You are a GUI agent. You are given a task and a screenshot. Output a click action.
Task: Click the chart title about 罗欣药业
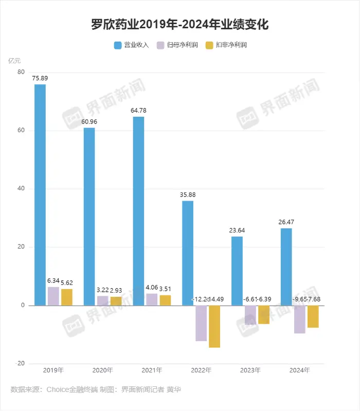(x=179, y=24)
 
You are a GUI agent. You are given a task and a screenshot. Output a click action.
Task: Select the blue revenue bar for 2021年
(x=138, y=211)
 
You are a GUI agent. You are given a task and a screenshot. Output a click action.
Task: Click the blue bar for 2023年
(x=237, y=271)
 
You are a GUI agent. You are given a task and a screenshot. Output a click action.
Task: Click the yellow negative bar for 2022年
(x=214, y=326)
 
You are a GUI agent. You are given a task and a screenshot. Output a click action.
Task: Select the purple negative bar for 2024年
(x=299, y=319)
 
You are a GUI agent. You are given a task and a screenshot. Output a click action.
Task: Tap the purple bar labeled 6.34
(x=53, y=296)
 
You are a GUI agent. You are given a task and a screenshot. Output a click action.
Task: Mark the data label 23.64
(x=237, y=230)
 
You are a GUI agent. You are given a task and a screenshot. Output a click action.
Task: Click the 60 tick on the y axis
(x=21, y=131)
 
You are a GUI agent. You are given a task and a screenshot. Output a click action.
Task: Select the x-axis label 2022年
(x=201, y=370)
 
